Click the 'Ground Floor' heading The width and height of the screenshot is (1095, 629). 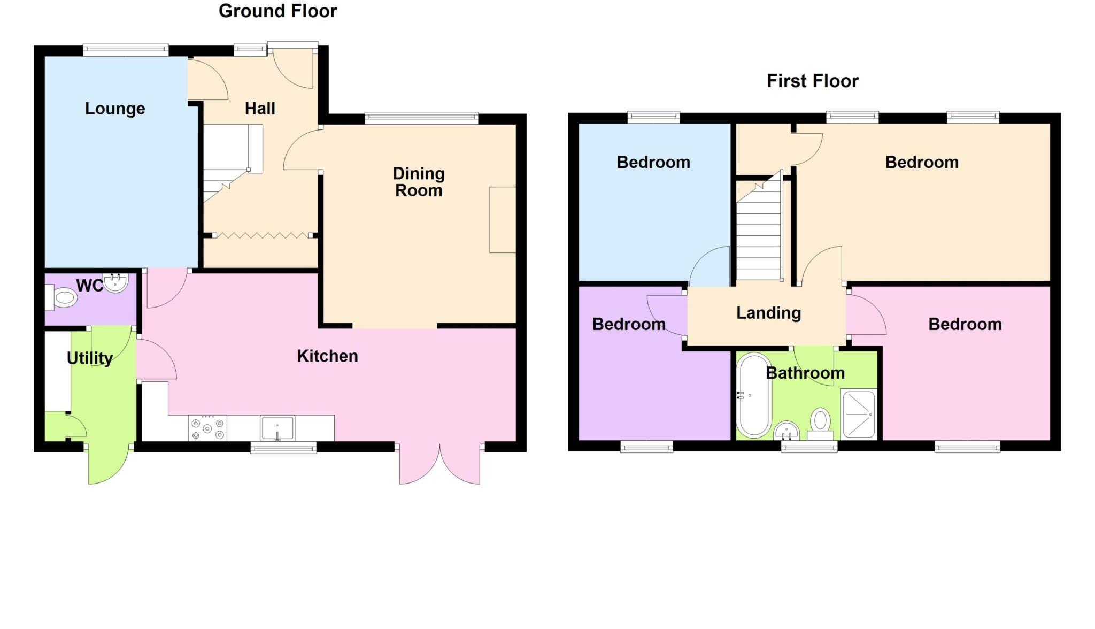[277, 11]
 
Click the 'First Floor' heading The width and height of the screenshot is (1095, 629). [812, 81]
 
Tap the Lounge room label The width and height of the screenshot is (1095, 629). [115, 109]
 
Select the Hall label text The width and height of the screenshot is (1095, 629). [260, 109]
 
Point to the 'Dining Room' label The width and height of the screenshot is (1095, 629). [419, 182]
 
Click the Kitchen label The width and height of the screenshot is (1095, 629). [327, 356]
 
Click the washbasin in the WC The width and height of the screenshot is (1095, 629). [115, 282]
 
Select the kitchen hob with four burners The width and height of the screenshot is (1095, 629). [207, 428]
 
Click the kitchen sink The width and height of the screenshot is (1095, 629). [277, 428]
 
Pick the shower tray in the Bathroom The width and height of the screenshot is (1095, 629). [858, 414]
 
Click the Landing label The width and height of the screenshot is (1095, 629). [768, 313]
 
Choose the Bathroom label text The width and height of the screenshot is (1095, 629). [805, 373]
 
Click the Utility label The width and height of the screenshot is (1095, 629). [90, 358]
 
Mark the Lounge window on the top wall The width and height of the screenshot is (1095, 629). [126, 50]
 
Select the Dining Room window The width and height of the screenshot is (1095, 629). [421, 118]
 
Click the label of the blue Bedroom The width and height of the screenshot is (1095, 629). [653, 162]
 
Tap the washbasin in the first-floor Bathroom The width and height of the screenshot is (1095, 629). [786, 429]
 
